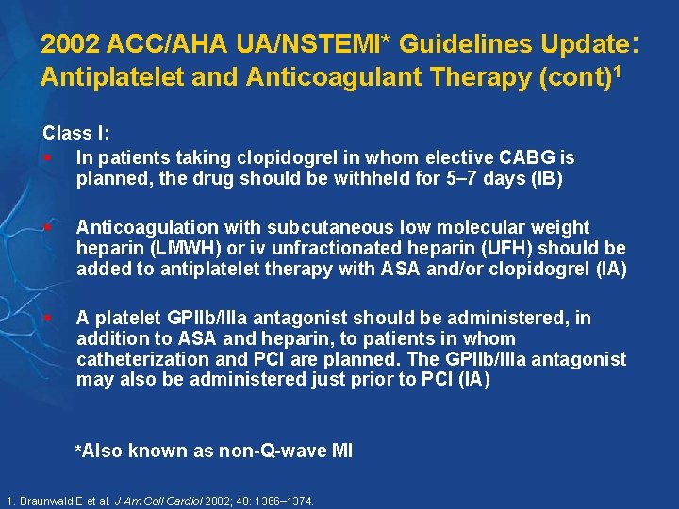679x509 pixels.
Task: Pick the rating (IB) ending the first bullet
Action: click(x=546, y=179)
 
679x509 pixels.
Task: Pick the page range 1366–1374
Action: click(x=283, y=501)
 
